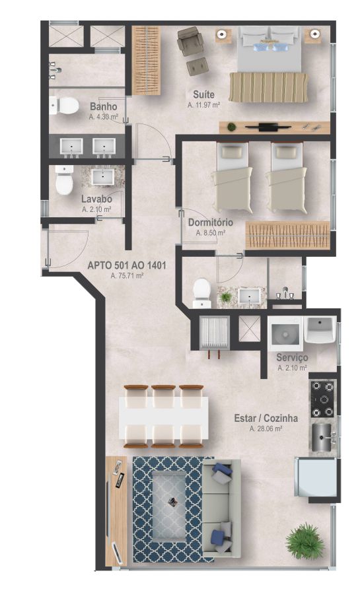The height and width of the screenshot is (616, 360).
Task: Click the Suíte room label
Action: [x=204, y=94]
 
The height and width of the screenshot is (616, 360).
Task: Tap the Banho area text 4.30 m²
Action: [x=104, y=116]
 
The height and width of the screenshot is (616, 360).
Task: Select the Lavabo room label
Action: [x=96, y=199]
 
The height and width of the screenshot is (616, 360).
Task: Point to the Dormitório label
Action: [x=210, y=222]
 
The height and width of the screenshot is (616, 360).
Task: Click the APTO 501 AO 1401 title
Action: [x=127, y=265]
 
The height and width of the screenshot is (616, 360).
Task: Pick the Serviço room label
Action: [x=292, y=358]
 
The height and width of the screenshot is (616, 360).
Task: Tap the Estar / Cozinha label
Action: [x=266, y=418]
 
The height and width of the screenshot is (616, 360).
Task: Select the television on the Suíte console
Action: [x=268, y=127]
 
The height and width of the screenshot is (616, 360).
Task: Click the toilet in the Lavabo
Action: [x=64, y=180]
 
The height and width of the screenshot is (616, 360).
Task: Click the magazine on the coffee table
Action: [x=172, y=501]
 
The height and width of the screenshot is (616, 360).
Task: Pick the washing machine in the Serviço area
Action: [x=285, y=333]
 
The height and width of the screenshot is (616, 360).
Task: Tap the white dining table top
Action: [x=164, y=417]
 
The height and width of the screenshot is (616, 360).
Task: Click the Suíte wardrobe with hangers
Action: [x=146, y=61]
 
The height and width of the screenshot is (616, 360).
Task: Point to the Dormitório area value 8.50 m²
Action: [x=210, y=233]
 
